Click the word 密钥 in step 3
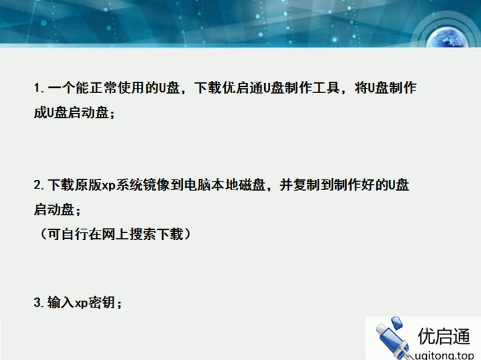pyautogui.click(x=101, y=302)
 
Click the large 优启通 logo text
pyautogui.click(x=444, y=336)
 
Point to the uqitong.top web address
pyautogui.click(x=445, y=355)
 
